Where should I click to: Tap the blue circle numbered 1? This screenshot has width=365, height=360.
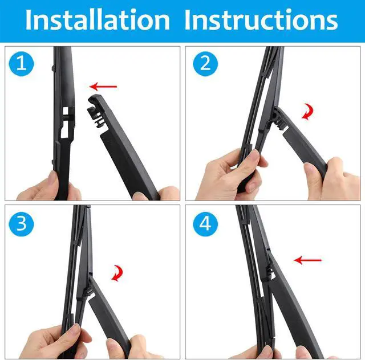[x=22, y=64]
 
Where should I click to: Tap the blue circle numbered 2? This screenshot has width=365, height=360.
[x=205, y=64]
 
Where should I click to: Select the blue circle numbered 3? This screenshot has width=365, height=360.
[x=22, y=224]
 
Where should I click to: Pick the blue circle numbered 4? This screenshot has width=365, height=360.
[x=205, y=224]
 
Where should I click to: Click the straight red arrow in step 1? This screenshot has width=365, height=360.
[x=103, y=87]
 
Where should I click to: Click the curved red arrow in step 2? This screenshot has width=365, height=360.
[x=308, y=112]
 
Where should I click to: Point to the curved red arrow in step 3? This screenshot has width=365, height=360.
[x=117, y=273]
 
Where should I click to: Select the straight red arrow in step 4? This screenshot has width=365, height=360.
[x=307, y=260]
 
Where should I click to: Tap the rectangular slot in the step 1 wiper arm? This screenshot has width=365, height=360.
[x=66, y=111]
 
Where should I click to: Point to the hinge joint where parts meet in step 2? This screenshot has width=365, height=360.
[x=278, y=118]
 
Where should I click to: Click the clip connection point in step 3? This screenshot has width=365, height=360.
[x=90, y=288]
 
